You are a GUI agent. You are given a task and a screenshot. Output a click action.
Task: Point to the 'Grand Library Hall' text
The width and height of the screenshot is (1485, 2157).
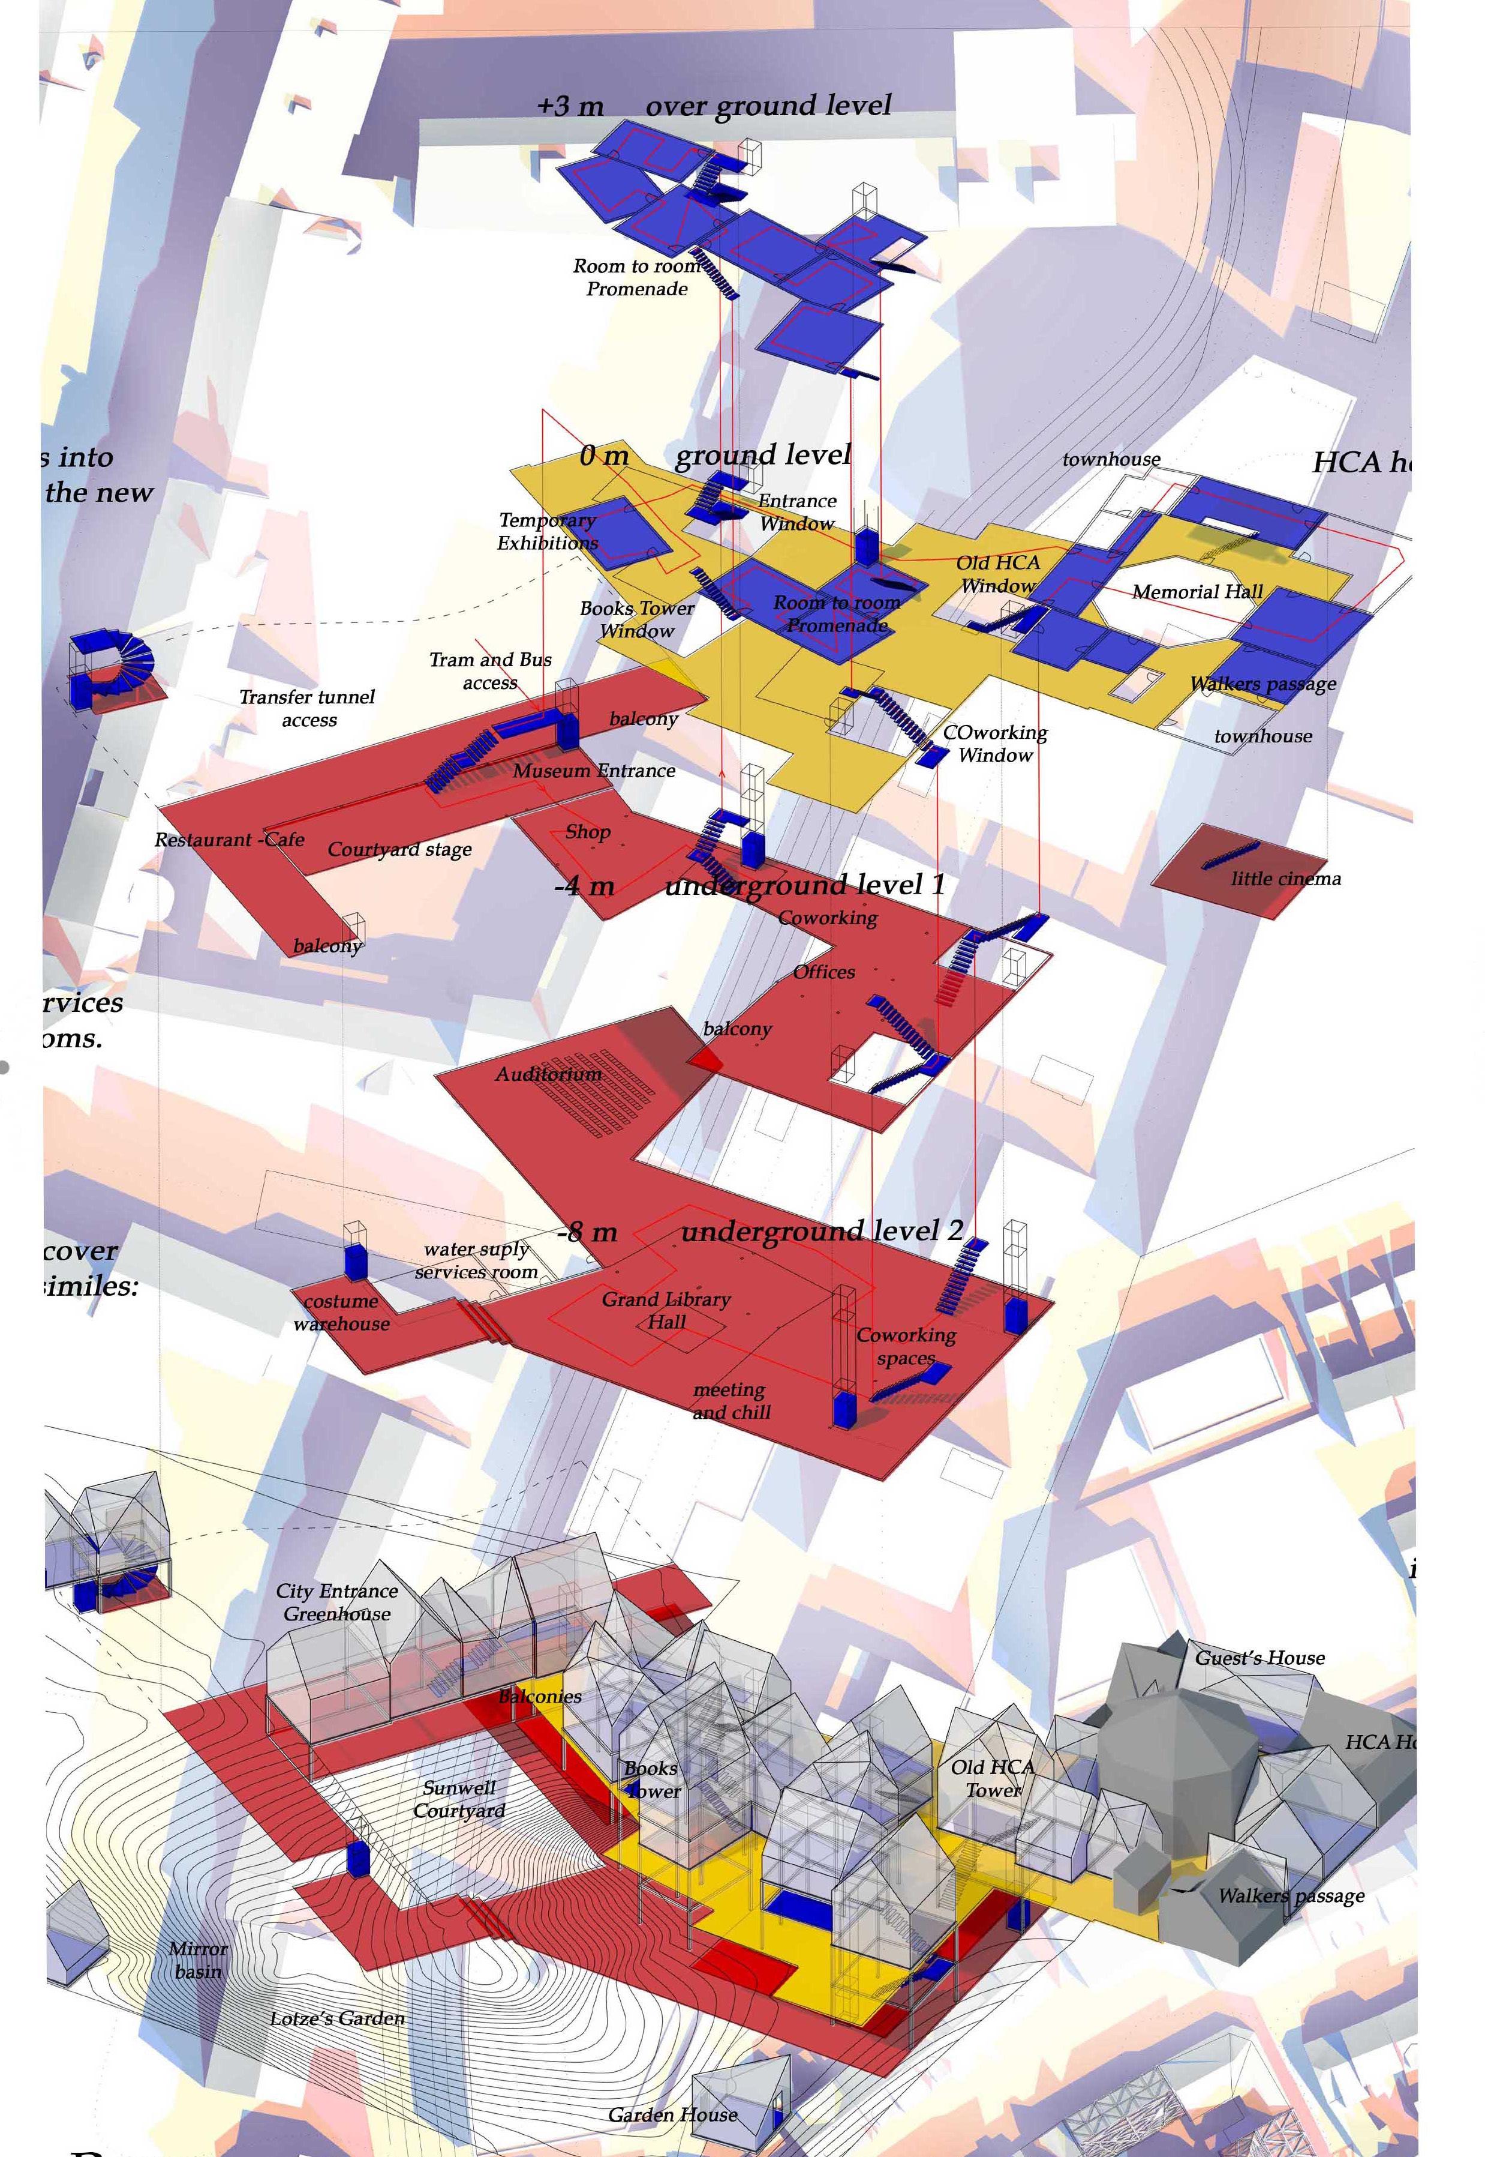[x=666, y=1310]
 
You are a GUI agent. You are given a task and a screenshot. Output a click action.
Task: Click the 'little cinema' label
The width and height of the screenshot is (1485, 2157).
[x=1286, y=879]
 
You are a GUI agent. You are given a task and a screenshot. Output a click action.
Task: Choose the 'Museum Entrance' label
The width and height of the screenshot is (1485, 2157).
[x=594, y=771]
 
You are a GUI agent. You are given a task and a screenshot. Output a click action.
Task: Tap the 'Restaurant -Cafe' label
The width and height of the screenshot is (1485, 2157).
[x=229, y=840]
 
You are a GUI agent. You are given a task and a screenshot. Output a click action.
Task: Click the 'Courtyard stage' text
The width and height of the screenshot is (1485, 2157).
[x=399, y=849]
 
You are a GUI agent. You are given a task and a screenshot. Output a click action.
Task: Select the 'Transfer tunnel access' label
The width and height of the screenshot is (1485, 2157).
[x=307, y=708]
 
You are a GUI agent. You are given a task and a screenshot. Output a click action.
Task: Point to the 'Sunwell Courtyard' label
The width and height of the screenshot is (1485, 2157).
[x=459, y=1799]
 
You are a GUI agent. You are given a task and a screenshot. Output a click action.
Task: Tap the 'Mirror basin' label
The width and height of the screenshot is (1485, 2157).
[x=197, y=1960]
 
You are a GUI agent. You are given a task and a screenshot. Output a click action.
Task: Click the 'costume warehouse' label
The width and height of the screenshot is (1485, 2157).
[x=341, y=1312]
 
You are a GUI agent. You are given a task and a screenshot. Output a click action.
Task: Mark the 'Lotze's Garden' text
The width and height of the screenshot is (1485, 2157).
[x=337, y=2018]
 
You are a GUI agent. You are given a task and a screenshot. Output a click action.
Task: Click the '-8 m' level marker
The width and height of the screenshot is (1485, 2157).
[x=587, y=1233]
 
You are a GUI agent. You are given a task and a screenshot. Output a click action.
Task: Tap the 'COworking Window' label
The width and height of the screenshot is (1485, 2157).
[x=994, y=744]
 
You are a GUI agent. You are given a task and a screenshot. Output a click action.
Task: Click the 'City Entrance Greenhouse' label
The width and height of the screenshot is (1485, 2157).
[x=337, y=1602]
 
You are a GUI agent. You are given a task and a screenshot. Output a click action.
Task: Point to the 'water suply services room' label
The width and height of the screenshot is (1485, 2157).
[x=476, y=1260]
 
